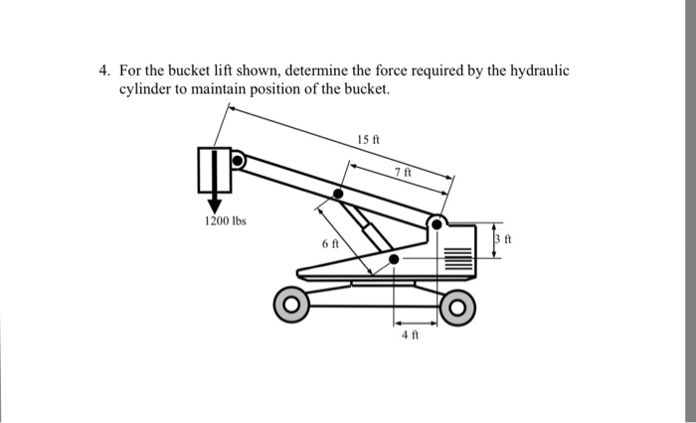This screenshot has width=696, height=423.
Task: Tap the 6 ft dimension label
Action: [x=329, y=242]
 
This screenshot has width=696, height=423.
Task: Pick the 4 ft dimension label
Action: [x=407, y=335]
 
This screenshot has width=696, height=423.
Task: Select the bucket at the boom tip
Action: [x=214, y=170]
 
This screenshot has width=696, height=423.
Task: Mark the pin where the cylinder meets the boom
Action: [x=339, y=194]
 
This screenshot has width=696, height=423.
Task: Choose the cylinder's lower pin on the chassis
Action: [x=395, y=259]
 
